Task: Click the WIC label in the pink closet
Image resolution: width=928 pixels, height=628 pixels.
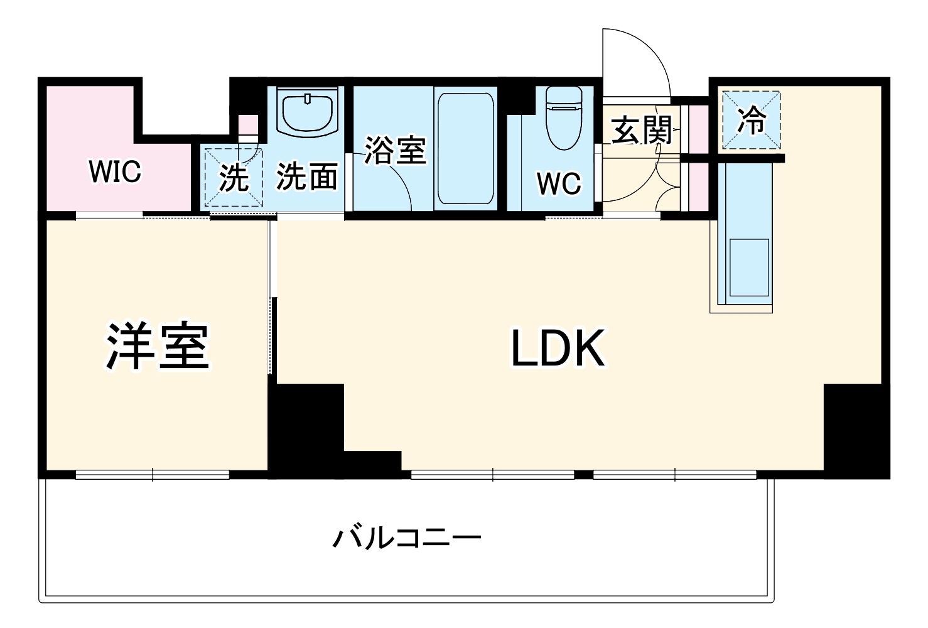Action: (x=116, y=171)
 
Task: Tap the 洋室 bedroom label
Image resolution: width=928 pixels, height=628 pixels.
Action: (x=157, y=346)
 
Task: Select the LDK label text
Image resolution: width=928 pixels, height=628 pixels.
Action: (x=558, y=349)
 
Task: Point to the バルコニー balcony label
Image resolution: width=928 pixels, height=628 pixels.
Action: (x=407, y=538)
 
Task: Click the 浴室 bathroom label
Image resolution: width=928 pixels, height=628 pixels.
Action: (x=395, y=150)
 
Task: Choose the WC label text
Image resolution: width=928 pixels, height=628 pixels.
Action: (x=559, y=183)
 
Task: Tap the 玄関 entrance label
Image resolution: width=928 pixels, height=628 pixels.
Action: (x=642, y=131)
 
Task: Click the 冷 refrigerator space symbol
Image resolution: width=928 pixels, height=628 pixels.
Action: (x=752, y=121)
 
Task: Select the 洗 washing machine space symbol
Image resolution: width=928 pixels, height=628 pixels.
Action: (x=234, y=178)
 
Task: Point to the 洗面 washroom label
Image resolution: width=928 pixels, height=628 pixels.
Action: (x=307, y=176)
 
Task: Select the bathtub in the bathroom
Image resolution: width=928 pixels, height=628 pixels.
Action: (x=465, y=149)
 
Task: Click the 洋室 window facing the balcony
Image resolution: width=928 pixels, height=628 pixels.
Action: (x=153, y=475)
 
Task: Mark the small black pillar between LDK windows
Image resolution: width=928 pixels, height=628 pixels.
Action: (x=584, y=474)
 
